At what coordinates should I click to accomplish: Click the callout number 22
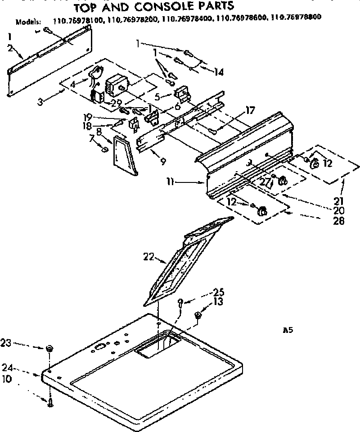pyautogui.click(x=148, y=258)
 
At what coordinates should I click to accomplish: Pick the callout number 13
pyautogui.click(x=218, y=302)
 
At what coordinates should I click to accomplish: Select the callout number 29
pyautogui.click(x=117, y=103)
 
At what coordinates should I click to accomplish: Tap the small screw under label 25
pyautogui.click(x=180, y=303)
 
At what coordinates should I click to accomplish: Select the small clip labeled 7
pyautogui.click(x=104, y=149)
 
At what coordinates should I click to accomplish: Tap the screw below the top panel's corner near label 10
pyautogui.click(x=50, y=403)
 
